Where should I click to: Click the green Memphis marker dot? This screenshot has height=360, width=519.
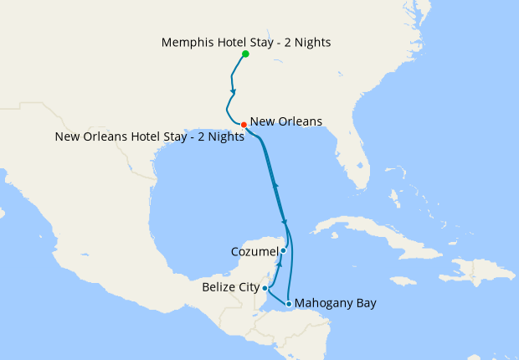pyautogui.click(x=245, y=54)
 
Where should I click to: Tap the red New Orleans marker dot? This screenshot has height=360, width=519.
pyautogui.click(x=244, y=125)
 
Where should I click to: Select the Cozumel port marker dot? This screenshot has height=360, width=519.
pyautogui.click(x=283, y=250)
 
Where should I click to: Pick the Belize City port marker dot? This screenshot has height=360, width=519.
pyautogui.click(x=265, y=288)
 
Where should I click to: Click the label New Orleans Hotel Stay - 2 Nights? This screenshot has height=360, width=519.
pyautogui.click(x=150, y=137)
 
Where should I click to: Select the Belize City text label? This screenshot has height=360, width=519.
pyautogui.click(x=231, y=288)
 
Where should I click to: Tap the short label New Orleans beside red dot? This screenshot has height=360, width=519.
pyautogui.click(x=286, y=122)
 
